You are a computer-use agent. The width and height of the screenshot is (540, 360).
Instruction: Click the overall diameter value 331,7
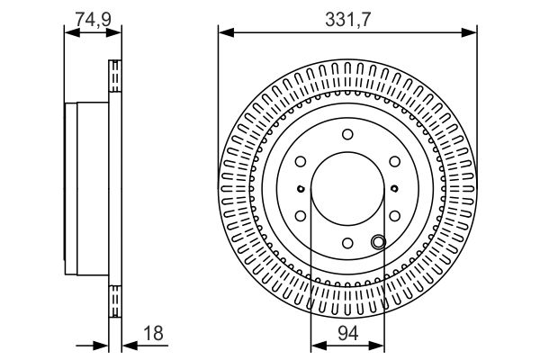coord(346,17)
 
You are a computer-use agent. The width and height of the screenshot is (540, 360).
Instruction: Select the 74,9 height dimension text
coord(92,15)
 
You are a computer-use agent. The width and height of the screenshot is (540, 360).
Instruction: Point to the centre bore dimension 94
coord(347,334)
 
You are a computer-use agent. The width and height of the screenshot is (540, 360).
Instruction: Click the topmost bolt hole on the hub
coord(347,134)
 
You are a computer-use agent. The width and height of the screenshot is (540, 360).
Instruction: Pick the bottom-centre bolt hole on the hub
coord(347,242)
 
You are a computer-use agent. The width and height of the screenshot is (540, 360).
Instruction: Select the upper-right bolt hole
coord(394,162)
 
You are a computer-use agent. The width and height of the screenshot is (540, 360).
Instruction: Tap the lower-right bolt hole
coord(394,216)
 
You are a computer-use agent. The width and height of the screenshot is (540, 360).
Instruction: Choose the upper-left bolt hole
coord(301,162)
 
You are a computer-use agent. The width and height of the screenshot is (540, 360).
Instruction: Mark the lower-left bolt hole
coord(301,216)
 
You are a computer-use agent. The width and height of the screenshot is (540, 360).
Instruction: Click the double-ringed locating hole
coord(377,239)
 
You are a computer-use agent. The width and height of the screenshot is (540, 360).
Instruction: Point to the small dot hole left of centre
coord(300,189)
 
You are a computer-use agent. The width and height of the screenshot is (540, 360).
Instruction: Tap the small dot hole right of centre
coord(395,189)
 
